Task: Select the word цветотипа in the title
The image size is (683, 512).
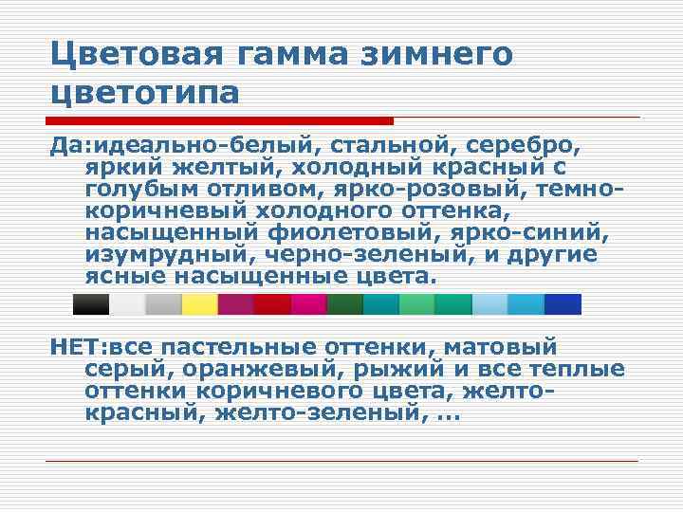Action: [x=145, y=94]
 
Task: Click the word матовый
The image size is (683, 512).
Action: [x=503, y=348]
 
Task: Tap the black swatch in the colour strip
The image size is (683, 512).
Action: [x=91, y=303]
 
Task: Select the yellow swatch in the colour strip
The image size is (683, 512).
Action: [x=199, y=303]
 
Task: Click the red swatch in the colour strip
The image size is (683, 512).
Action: [x=272, y=303]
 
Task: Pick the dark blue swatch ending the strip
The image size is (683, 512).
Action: [x=563, y=303]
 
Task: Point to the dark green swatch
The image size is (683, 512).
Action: [x=345, y=303]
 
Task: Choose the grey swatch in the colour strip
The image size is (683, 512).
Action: [x=163, y=303]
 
